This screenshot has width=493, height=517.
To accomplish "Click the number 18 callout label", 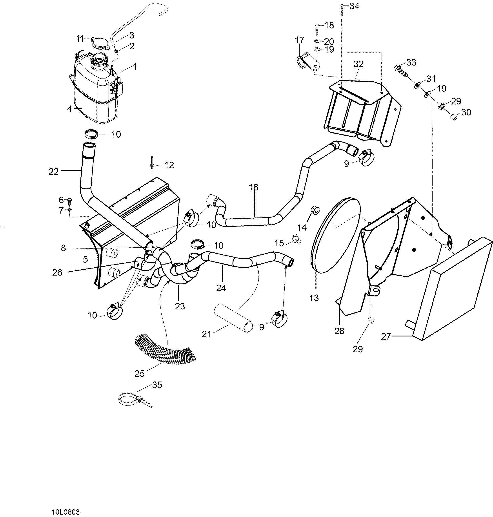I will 329,26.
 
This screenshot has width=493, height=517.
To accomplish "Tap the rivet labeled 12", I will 152,165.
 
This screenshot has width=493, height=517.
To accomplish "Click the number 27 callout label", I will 386,337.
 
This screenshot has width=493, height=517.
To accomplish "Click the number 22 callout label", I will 54,172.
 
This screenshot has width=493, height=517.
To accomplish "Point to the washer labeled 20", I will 317,41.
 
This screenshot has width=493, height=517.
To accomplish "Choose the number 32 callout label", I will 358,64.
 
